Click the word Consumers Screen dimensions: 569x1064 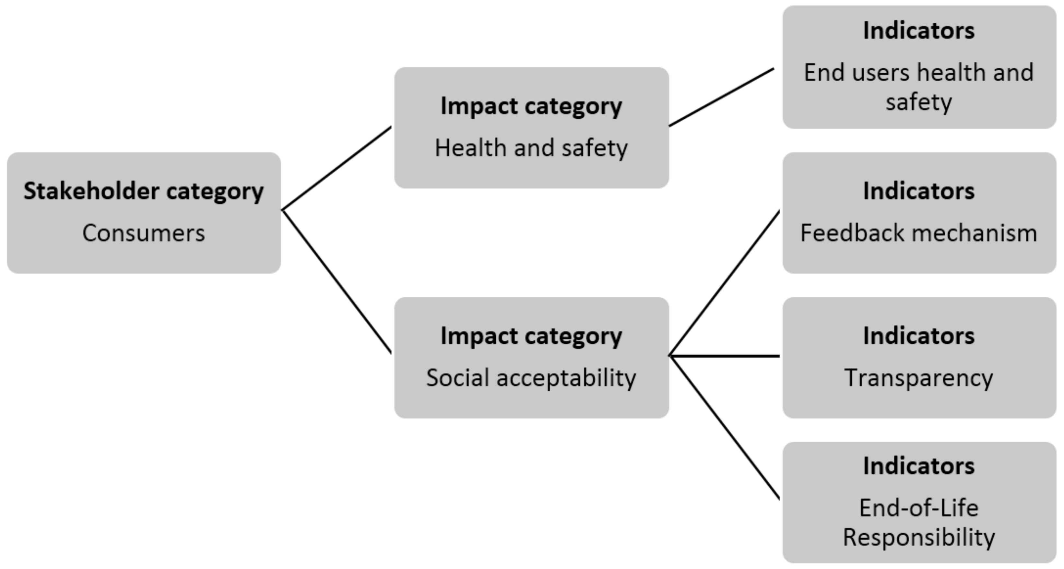pyautogui.click(x=143, y=233)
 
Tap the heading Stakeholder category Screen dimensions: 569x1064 pyautogui.click(x=143, y=191)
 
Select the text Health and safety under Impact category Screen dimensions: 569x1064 pyautogui.click(x=531, y=148)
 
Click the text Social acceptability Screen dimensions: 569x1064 pyautogui.click(x=531, y=378)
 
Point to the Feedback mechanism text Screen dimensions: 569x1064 pyautogui.click(x=919, y=233)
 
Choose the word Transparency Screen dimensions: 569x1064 pyautogui.click(x=919, y=378)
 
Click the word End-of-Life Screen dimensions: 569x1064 pyautogui.click(x=919, y=508)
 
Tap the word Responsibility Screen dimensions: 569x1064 pyautogui.click(x=919, y=538)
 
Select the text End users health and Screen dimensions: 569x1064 pyautogui.click(x=919, y=73)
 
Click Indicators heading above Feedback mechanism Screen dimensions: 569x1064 pyautogui.click(x=919, y=191)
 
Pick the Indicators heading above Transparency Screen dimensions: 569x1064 pyautogui.click(x=919, y=336)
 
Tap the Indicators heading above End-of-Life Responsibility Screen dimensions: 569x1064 pyautogui.click(x=919, y=466)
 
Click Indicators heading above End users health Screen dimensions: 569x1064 pyautogui.click(x=919, y=31)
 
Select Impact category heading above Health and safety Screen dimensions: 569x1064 pyautogui.click(x=531, y=106)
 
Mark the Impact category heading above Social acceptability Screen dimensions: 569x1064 pyautogui.click(x=531, y=336)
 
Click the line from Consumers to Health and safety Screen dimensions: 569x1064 pyautogui.click(x=337, y=168)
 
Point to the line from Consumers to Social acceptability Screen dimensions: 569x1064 pyautogui.click(x=337, y=281)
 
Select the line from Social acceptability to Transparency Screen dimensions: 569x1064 pyautogui.click(x=725, y=355)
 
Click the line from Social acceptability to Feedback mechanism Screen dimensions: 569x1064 pyautogui.click(x=725, y=283)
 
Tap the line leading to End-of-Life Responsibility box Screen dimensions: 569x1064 pyautogui.click(x=725, y=428)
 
